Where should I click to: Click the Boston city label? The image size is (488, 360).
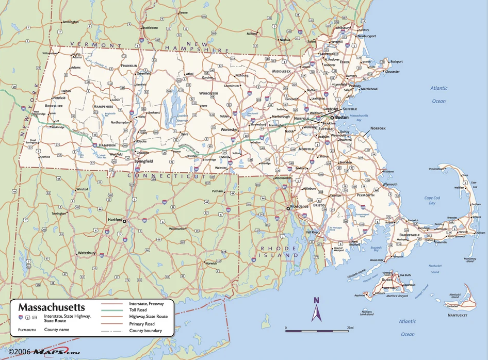pyautogui.click(x=343, y=117)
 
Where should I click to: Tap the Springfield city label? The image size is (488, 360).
pyautogui.click(x=143, y=161)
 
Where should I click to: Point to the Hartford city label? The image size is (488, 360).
pyautogui.click(x=115, y=220)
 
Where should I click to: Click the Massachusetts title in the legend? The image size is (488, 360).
pyautogui.click(x=52, y=307)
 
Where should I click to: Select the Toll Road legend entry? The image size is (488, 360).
pyautogui.click(x=140, y=310)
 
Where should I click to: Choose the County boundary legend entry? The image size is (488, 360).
pyautogui.click(x=145, y=331)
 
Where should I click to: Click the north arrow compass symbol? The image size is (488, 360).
pyautogui.click(x=317, y=308)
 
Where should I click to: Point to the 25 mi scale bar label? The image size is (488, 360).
pyautogui.click(x=350, y=328)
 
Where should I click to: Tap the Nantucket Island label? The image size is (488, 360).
pyautogui.click(x=454, y=297)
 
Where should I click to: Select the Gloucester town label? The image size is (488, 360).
pyautogui.click(x=392, y=72)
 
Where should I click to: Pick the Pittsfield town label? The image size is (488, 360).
pyautogui.click(x=59, y=97)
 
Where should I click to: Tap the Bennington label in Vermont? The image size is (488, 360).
pyautogui.click(x=70, y=22)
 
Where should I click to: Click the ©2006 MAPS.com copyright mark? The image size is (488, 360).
pyautogui.click(x=44, y=352)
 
